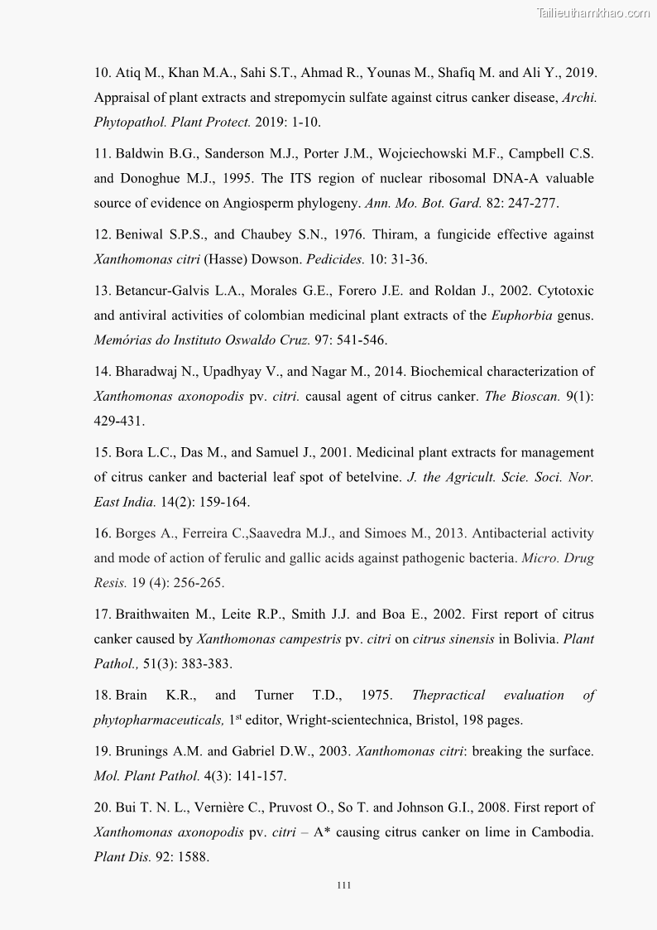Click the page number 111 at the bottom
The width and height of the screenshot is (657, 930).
(x=344, y=885)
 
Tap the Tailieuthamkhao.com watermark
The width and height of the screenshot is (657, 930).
(x=593, y=12)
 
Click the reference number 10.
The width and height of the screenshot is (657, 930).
(x=103, y=73)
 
